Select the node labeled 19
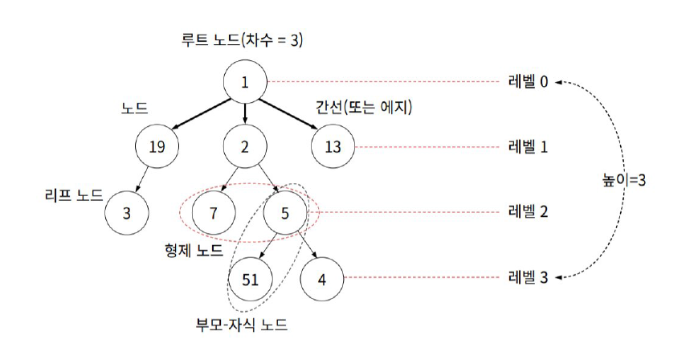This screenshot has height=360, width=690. coord(157,147)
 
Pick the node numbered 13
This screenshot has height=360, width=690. coord(332,147)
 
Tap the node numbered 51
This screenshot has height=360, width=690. coord(251,279)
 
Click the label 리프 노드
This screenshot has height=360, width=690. coord(75,194)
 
